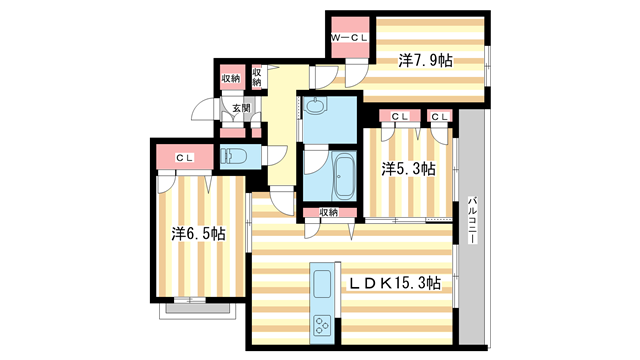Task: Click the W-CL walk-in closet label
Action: [x=350, y=38]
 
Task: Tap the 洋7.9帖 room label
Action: [x=425, y=61]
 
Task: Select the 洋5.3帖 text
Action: [x=408, y=169]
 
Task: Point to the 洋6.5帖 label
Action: [x=197, y=234]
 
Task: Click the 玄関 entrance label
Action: [x=241, y=108]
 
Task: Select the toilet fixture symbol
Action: [x=232, y=156]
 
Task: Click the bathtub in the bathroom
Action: [x=345, y=177]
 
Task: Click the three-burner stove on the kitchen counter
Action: [x=323, y=324]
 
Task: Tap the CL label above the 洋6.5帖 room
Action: [x=185, y=157]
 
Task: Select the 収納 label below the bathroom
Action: [x=329, y=212]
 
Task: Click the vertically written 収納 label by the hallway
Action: [x=257, y=78]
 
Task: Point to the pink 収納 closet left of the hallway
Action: [x=230, y=78]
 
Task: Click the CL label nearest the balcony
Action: [x=440, y=118]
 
